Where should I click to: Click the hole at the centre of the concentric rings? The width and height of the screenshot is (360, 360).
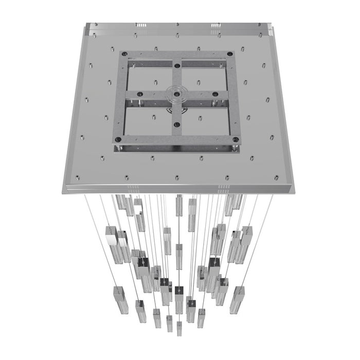click(x=176, y=94)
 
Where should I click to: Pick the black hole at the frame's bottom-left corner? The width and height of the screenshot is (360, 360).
click(x=118, y=139)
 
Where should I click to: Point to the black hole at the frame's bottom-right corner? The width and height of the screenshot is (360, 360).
click(x=236, y=139)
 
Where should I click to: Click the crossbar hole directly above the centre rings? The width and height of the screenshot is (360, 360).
click(x=177, y=65)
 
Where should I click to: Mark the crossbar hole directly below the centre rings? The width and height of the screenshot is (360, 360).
click(x=177, y=124)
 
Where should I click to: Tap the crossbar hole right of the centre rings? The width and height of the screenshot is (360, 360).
click(x=216, y=95)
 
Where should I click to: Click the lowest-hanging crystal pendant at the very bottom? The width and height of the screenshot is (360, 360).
click(x=179, y=328)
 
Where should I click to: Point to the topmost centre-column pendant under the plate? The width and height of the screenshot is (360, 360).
click(x=179, y=206)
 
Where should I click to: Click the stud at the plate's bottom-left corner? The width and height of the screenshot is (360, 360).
click(x=78, y=178)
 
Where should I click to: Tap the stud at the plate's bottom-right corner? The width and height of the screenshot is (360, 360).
click(x=277, y=178)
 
